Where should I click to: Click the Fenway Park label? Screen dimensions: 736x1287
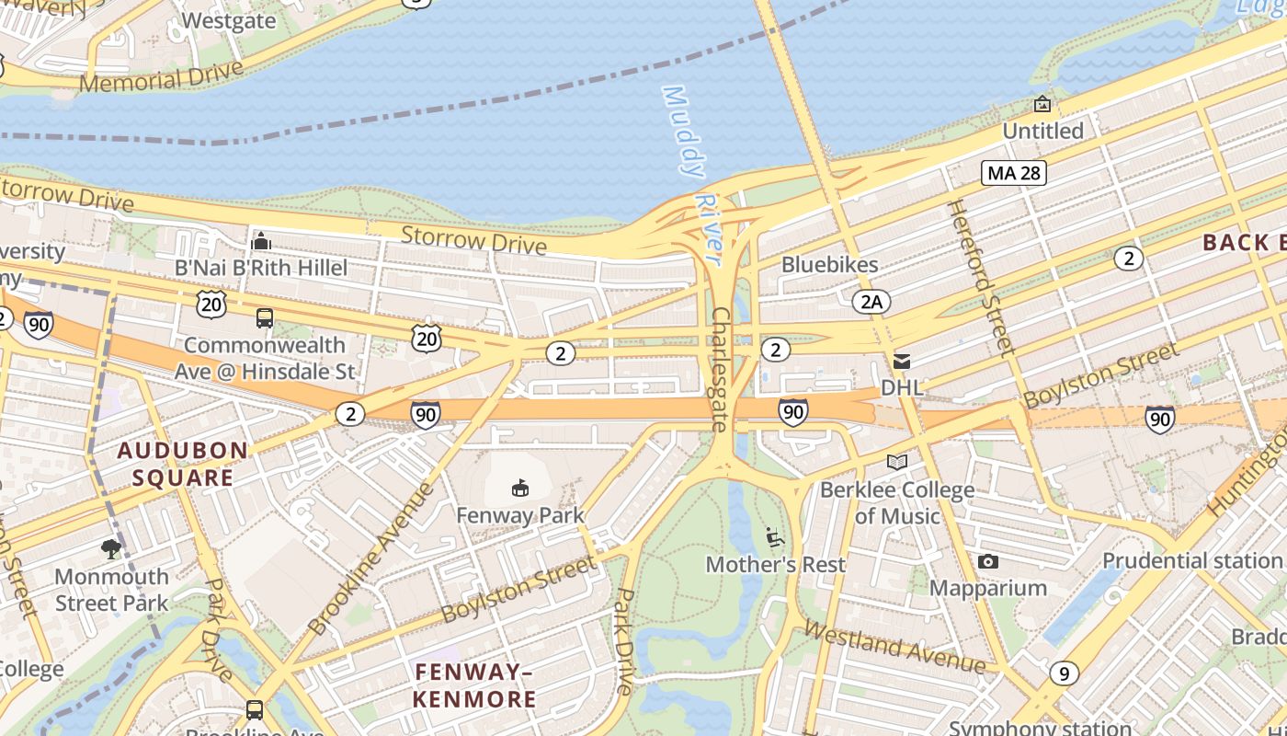coord(520,515)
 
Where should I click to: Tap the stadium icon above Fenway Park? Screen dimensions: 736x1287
coord(520,488)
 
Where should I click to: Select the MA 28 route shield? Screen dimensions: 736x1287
coord(1014,172)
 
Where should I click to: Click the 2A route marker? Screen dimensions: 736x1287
coord(871,301)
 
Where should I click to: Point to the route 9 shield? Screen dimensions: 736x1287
coord(1064,673)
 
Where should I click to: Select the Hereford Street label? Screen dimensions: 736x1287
coord(980,276)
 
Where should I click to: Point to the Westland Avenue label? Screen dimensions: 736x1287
coord(894,647)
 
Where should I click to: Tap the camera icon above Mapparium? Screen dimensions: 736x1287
coord(988,561)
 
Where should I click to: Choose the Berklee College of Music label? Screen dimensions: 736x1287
coord(897,502)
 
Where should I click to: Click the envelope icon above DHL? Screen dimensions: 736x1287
coord(902,362)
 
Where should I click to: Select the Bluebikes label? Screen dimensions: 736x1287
coord(829,265)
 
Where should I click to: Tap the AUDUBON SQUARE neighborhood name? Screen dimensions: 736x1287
coord(182,464)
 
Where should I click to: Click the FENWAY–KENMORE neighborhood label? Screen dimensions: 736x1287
coord(474,685)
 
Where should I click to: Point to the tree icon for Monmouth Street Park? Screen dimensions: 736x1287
coord(111,550)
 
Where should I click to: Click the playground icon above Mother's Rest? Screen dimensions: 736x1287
coord(774,535)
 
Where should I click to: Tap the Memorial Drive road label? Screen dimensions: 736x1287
coord(161,77)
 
